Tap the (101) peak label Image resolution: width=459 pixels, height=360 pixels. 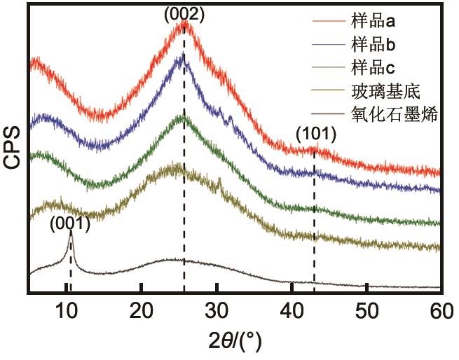point(316,133)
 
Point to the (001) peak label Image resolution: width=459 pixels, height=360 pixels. point(70,224)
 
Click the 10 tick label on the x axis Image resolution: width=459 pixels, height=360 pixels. point(67,308)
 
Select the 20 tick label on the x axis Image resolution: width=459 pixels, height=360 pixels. point(142,308)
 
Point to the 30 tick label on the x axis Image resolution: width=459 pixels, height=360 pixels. point(217,308)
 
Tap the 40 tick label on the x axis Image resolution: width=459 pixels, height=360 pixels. point(292,308)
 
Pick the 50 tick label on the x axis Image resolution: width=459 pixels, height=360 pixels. point(366,308)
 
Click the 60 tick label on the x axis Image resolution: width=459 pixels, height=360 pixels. point(440,308)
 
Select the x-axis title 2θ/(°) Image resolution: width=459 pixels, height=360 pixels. point(235,342)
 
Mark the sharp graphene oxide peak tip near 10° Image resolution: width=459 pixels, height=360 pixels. point(71,237)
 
